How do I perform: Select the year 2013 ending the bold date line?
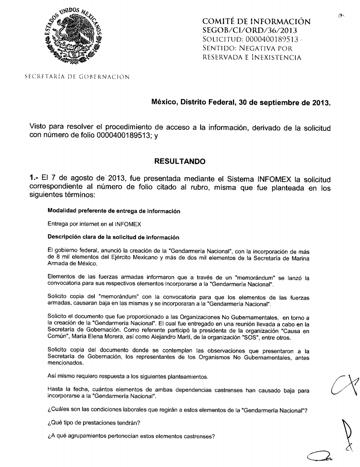tap(321, 102)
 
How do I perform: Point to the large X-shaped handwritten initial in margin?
tap(345, 385)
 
